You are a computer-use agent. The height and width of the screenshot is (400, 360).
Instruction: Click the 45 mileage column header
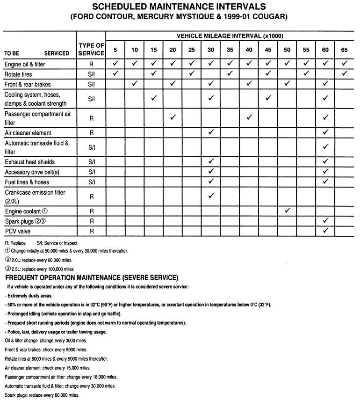coord(268,50)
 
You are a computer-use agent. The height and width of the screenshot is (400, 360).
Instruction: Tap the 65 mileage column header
coord(345,50)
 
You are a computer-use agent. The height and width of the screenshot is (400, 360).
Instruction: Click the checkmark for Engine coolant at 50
coord(287,211)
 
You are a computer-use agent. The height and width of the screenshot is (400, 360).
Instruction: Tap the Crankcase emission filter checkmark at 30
coord(211,195)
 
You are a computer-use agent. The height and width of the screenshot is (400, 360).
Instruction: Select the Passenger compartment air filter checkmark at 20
coord(173,117)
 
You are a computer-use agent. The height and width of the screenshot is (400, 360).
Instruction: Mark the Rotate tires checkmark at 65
coord(345,73)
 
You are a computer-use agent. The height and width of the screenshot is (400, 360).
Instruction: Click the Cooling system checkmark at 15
coord(153,98)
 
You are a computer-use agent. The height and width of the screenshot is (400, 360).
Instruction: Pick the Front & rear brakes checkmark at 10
coord(134,84)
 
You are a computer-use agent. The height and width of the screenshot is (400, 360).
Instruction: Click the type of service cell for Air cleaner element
coord(91,133)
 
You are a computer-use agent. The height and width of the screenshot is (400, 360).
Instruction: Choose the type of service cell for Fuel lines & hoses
coord(91,182)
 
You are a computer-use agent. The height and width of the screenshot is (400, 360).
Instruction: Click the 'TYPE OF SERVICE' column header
coord(91,49)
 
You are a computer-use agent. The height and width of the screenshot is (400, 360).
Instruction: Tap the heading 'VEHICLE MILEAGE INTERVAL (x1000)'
coord(230,36)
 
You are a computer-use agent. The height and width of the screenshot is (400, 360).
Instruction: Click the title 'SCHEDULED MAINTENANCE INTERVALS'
coord(180,7)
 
